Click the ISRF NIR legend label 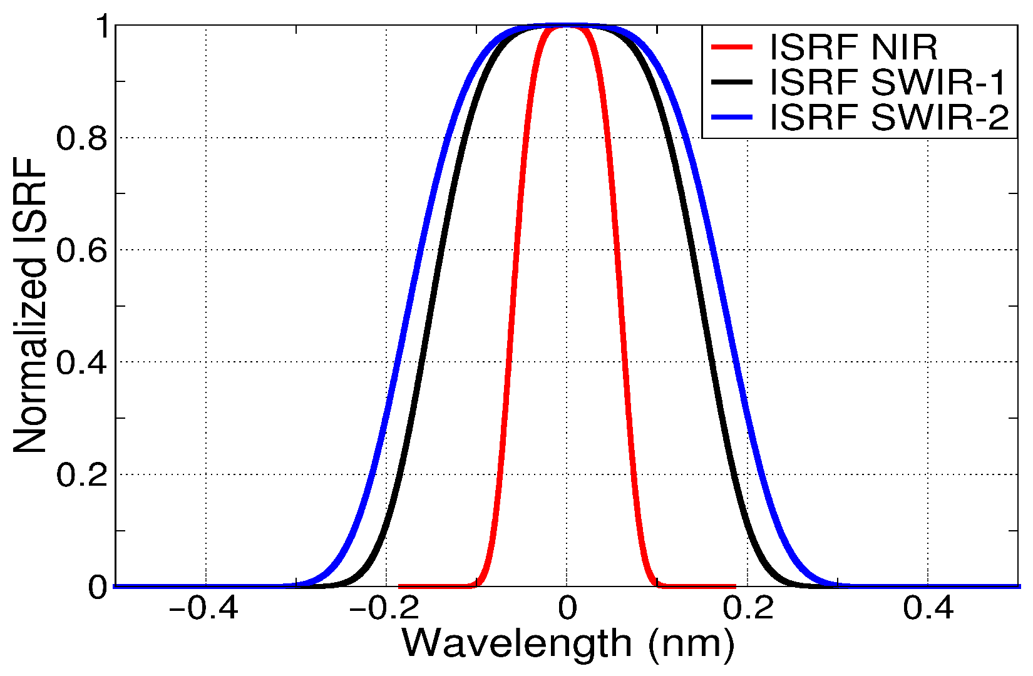[x=853, y=48]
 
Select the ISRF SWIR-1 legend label [x=888, y=83]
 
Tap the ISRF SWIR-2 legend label [x=889, y=117]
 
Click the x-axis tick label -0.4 [x=204, y=608]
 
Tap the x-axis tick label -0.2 [x=384, y=608]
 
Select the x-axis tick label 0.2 [x=749, y=608]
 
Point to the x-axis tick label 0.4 [x=928, y=608]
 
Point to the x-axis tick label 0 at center [x=567, y=608]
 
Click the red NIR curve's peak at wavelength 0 [x=567, y=26]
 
